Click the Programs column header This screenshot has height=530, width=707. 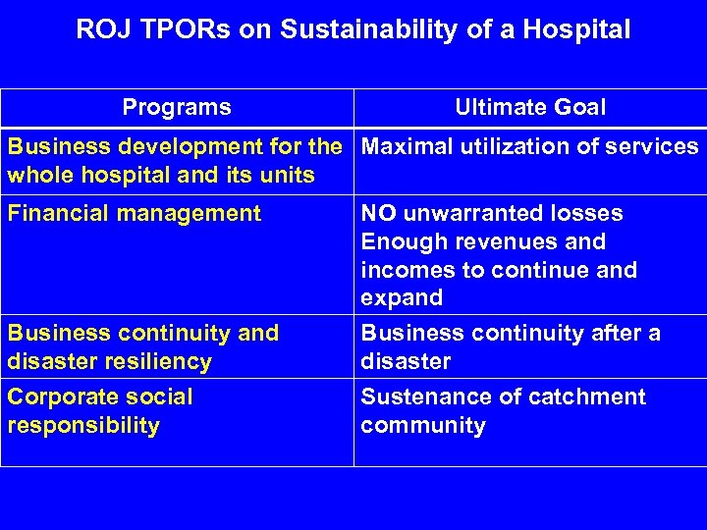click(177, 107)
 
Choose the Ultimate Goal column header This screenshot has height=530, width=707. click(530, 107)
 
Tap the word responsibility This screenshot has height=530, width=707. click(82, 426)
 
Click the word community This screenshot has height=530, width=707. click(422, 426)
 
